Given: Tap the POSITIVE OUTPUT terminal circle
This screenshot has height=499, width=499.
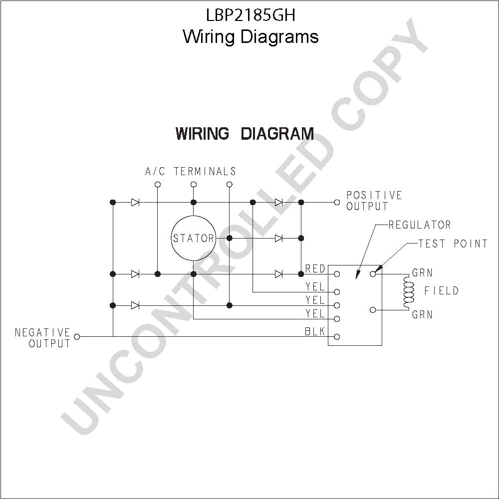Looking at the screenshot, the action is click(337, 203).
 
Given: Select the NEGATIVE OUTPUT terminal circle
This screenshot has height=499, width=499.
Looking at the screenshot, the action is click(77, 337).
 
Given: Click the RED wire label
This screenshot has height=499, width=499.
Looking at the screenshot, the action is click(315, 269).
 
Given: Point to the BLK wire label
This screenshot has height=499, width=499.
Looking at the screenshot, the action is click(315, 332).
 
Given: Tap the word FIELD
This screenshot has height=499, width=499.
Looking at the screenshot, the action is click(442, 290).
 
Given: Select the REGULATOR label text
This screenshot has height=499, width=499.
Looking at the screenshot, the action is click(420, 225).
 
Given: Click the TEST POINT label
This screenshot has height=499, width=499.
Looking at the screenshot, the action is click(453, 244).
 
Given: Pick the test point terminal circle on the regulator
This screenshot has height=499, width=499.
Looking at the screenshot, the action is click(373, 273).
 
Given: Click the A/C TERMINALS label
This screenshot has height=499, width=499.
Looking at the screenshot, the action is click(191, 172).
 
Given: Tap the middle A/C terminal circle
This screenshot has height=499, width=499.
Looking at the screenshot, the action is click(194, 185).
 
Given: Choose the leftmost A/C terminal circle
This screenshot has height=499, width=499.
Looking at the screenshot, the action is click(158, 185).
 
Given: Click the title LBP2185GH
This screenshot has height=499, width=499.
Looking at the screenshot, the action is click(251, 15).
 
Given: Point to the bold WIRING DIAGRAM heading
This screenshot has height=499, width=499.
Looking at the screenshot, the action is click(245, 134).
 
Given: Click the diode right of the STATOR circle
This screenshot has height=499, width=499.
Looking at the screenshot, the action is click(278, 238).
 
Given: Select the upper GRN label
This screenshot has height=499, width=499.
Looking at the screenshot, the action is click(422, 273).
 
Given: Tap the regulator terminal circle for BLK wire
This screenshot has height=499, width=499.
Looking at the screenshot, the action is click(337, 337).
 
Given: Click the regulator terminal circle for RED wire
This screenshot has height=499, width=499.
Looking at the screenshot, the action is click(337, 273).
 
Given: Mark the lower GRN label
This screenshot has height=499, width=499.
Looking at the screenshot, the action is click(422, 315).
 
